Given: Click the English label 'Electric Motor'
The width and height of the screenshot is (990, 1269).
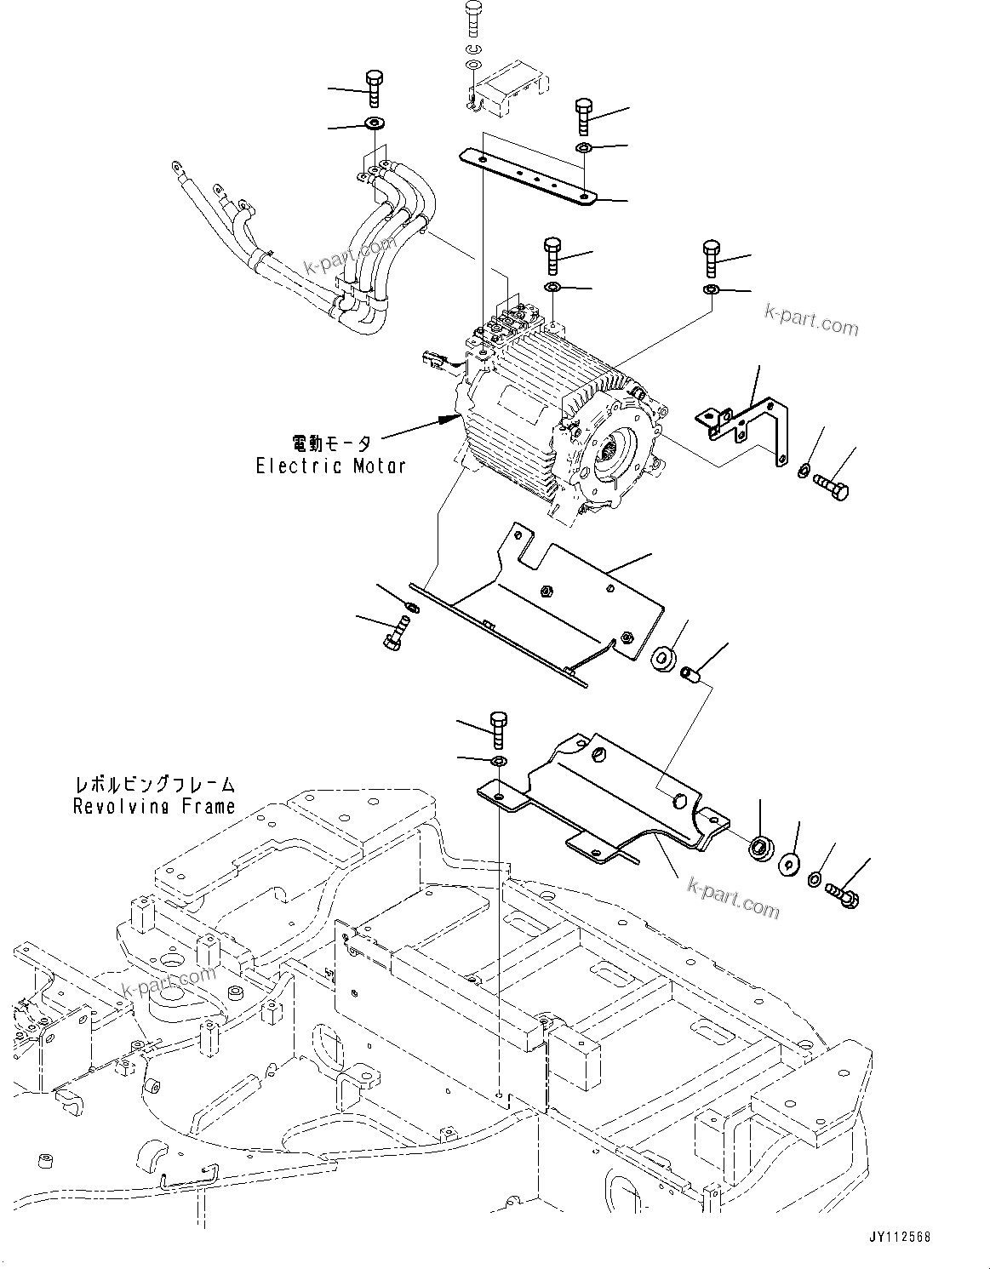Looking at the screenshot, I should pyautogui.click(x=331, y=466).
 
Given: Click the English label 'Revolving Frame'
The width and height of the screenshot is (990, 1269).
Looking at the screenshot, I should pyautogui.click(x=153, y=806).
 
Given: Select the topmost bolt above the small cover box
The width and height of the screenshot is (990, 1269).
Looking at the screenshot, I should pyautogui.click(x=474, y=18).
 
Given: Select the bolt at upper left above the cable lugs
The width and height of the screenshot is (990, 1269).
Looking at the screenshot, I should pyautogui.click(x=374, y=89).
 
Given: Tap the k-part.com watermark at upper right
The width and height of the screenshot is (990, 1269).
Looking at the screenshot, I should pyautogui.click(x=810, y=319).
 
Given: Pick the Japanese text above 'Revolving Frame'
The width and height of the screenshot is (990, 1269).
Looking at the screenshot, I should pyautogui.click(x=153, y=784).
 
